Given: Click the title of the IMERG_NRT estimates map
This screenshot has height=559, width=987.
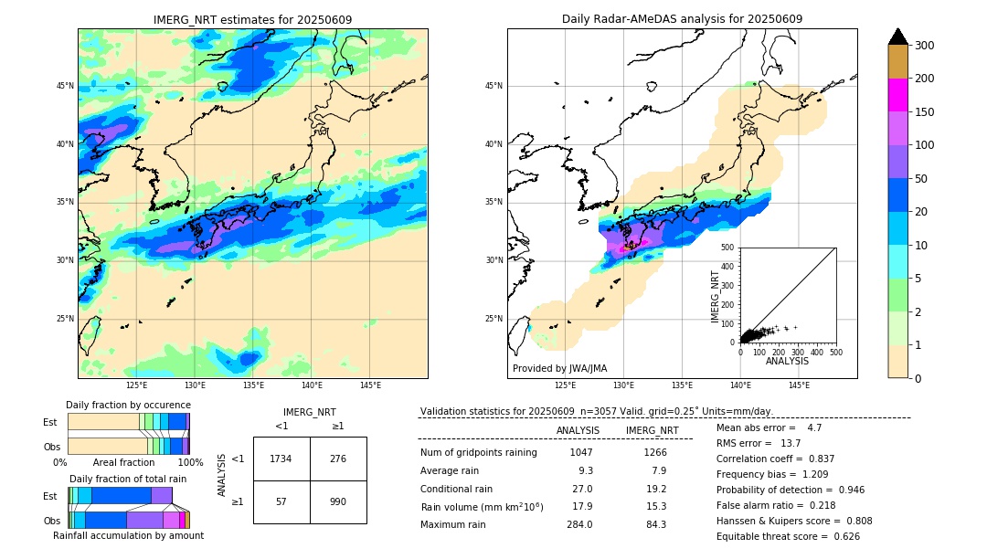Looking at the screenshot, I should tap(252, 19).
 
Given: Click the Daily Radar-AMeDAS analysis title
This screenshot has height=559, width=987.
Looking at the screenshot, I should tap(682, 19).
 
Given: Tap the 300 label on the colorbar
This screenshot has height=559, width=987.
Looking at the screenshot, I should tap(925, 46).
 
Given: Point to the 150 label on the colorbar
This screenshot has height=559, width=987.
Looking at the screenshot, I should tap(925, 112).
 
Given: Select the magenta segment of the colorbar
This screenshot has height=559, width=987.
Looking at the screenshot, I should tap(897, 95).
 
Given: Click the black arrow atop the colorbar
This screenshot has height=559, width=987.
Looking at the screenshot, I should tap(897, 37).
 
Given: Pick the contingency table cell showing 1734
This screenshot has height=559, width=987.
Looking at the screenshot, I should tap(281, 459).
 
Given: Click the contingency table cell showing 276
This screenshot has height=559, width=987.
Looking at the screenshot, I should tap(338, 459).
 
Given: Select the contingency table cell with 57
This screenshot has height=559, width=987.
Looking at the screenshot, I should tap(281, 501).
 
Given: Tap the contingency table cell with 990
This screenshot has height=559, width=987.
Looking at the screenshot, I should tap(338, 501).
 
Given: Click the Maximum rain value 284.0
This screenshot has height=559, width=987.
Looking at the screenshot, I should tap(578, 524).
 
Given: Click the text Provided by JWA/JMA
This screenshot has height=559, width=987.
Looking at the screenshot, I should tap(559, 369).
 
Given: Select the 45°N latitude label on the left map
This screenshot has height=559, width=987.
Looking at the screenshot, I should tap(65, 86).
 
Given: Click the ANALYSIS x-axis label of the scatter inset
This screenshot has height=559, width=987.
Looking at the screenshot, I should tap(787, 361).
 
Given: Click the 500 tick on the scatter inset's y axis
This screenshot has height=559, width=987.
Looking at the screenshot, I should tap(727, 248).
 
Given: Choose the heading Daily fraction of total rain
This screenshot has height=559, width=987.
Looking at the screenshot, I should tap(128, 479).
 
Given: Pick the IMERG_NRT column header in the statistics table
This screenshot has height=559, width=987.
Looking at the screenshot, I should tap(652, 430).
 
